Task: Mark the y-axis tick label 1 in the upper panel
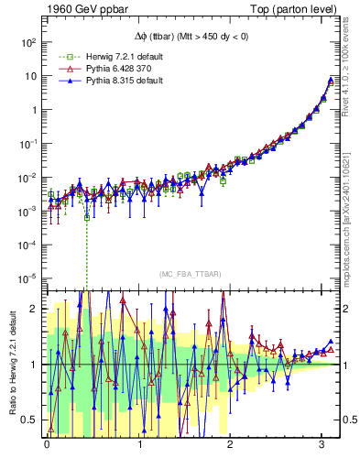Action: pos(34,110)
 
